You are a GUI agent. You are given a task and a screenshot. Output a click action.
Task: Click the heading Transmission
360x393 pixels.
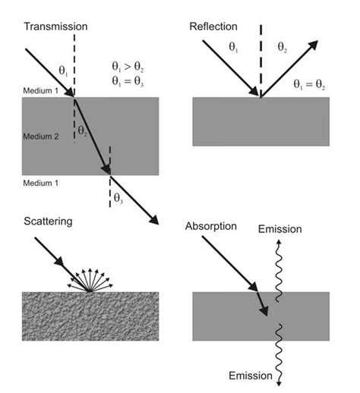coord(55,27)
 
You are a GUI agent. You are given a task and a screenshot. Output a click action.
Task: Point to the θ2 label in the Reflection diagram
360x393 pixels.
coord(283,46)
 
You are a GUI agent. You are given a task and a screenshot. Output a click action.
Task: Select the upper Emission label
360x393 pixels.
coord(279,229)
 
